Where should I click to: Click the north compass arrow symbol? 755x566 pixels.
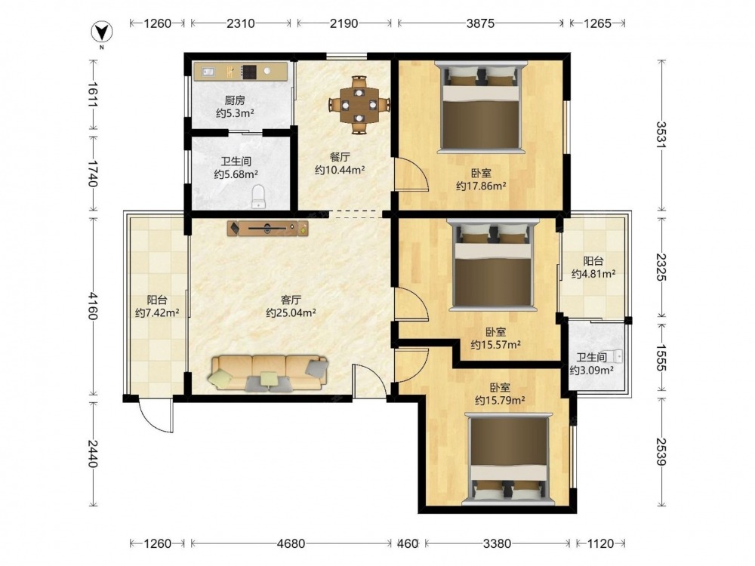click(x=102, y=32)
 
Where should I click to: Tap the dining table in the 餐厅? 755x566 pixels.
click(x=359, y=104)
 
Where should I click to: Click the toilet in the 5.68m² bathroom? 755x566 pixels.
click(x=258, y=196)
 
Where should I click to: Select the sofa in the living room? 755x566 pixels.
click(x=268, y=373)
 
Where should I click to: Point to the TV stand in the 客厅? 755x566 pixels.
click(x=268, y=228)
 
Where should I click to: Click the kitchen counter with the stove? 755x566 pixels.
click(x=241, y=72)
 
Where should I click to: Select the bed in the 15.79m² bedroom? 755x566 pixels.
click(x=509, y=459)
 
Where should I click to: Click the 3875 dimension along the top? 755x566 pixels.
click(x=480, y=23)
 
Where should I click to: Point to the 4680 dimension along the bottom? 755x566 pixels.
click(x=291, y=544)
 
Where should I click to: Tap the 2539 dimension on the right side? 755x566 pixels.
click(x=662, y=451)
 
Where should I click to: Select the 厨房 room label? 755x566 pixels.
click(x=235, y=100)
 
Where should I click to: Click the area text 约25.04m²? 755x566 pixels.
click(x=291, y=313)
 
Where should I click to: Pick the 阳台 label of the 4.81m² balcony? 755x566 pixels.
click(x=593, y=261)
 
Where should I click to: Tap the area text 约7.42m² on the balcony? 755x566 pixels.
click(x=157, y=313)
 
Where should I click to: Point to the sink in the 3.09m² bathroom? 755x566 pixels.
click(x=616, y=356)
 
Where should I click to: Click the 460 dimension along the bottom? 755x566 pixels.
click(x=408, y=544)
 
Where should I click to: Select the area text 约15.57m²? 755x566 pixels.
click(x=495, y=345)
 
